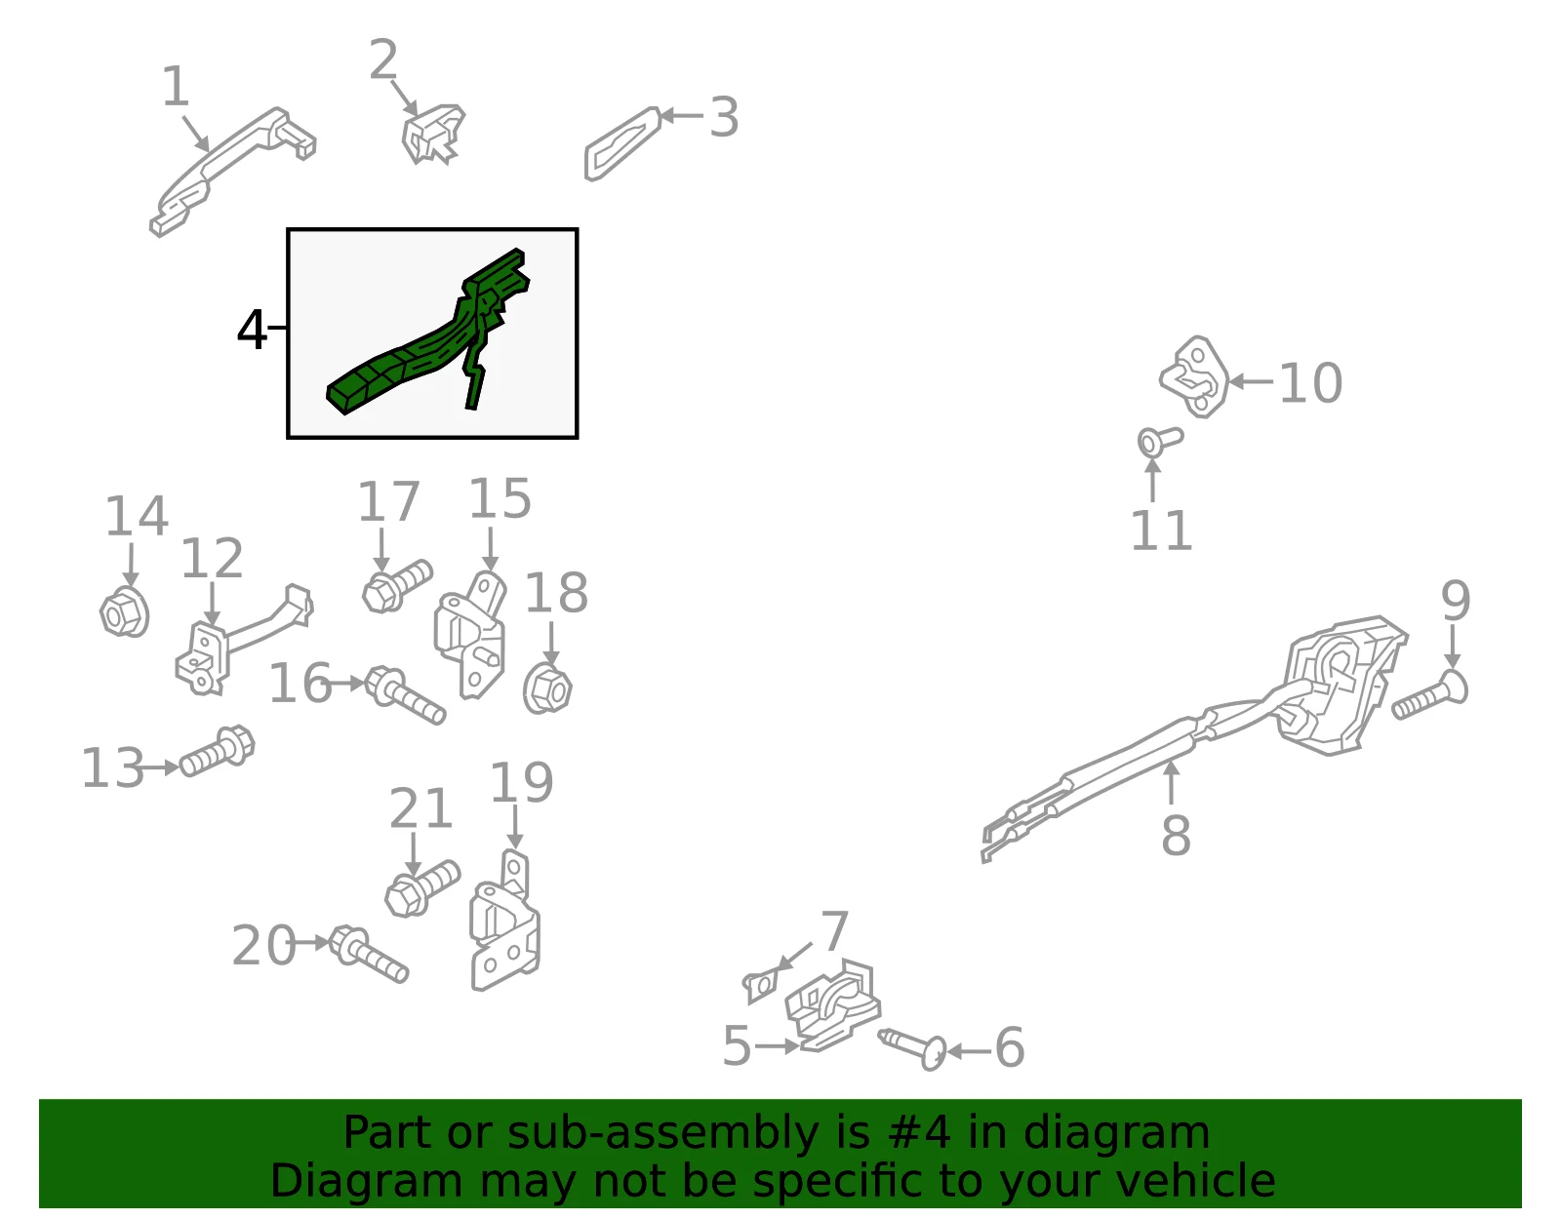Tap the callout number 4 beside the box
point(251,331)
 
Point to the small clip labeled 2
point(432,134)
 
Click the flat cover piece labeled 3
point(622,143)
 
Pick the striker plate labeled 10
point(1194,376)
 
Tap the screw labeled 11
point(1159,442)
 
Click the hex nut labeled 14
point(124,611)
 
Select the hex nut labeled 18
point(547,689)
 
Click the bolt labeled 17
point(397,586)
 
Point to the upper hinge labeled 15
point(470,635)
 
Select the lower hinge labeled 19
point(505,923)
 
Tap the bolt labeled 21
point(422,887)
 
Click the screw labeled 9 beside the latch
point(1430,694)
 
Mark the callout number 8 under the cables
point(1176,836)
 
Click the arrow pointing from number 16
point(348,683)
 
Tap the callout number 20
point(263,945)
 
